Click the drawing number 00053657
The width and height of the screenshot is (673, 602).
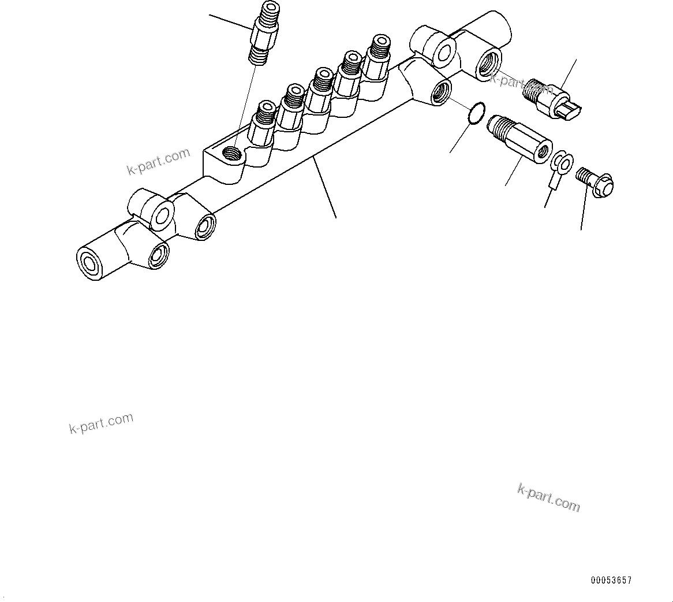(611, 580)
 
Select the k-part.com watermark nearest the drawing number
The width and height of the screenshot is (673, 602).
(548, 497)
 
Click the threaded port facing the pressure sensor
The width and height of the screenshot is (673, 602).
(488, 63)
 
